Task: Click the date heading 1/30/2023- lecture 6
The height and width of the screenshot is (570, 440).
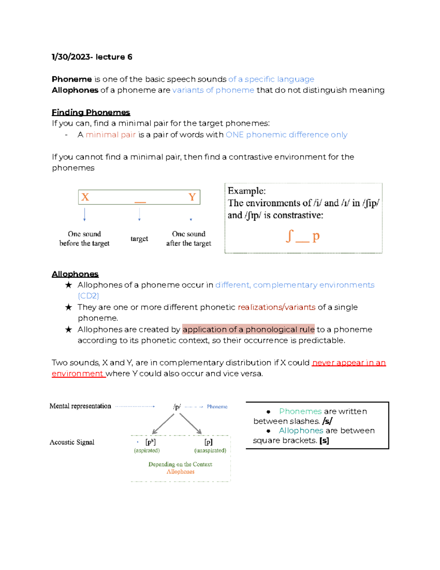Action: pyautogui.click(x=92, y=57)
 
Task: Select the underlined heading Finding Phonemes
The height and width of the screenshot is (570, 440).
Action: pyautogui.click(x=91, y=112)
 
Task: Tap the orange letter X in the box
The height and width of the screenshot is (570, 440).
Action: pyautogui.click(x=85, y=197)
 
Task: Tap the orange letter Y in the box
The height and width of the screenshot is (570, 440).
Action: pyautogui.click(x=192, y=197)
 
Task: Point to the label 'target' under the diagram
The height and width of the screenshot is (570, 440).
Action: pyautogui.click(x=139, y=239)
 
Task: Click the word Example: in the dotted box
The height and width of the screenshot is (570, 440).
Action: pyautogui.click(x=246, y=191)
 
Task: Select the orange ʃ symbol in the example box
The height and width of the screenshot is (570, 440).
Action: pyautogui.click(x=289, y=236)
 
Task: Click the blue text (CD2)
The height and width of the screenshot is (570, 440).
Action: pyautogui.click(x=88, y=296)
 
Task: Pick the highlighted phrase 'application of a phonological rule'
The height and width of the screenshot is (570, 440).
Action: pyautogui.click(x=248, y=329)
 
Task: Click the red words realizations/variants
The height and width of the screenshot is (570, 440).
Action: pyautogui.click(x=276, y=307)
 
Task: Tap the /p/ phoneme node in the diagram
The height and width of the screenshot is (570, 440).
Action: pyautogui.click(x=177, y=407)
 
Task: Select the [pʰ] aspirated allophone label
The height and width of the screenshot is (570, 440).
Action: pyautogui.click(x=150, y=442)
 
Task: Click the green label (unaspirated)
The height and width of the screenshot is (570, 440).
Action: pyautogui.click(x=210, y=450)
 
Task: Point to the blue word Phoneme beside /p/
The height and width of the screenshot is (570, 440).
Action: pyautogui.click(x=217, y=407)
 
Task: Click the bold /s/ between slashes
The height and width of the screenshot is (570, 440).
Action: pyautogui.click(x=327, y=421)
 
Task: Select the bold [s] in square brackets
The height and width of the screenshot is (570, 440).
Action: pyautogui.click(x=324, y=440)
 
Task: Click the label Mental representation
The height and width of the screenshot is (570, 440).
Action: pyautogui.click(x=80, y=406)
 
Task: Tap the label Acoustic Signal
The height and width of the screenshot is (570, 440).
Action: pyautogui.click(x=72, y=442)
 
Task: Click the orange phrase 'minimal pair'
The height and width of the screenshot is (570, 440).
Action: pyautogui.click(x=111, y=135)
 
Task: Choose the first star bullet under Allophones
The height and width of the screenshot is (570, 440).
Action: pyautogui.click(x=68, y=285)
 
